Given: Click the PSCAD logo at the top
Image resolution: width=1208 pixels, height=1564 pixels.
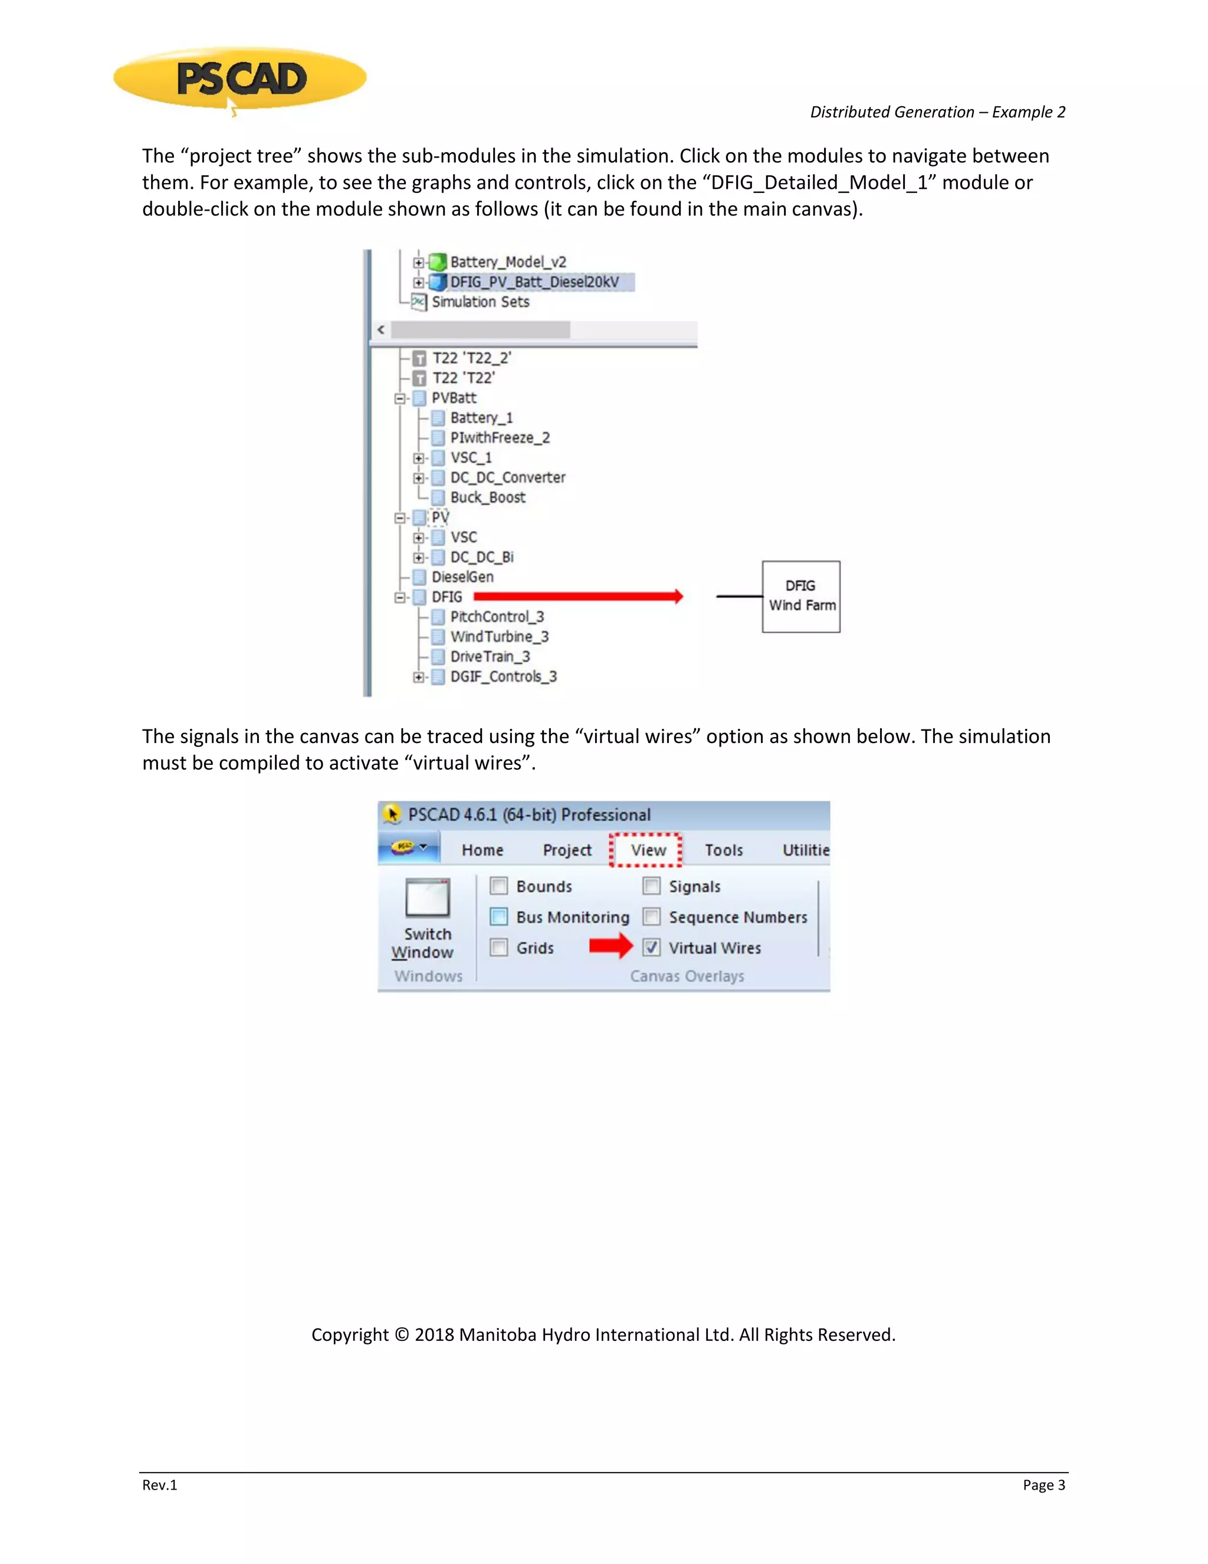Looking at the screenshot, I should coord(241,78).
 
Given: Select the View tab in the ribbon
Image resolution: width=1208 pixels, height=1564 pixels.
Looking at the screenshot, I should coord(648,850).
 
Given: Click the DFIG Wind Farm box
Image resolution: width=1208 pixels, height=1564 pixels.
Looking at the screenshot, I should coord(801,596).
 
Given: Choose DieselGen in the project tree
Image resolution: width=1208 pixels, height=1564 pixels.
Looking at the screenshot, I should coord(462,577).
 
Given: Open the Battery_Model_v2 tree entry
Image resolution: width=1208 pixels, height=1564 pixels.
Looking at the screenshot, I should coord(507,262).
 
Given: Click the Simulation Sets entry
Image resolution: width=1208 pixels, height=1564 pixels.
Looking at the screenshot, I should coord(480,302).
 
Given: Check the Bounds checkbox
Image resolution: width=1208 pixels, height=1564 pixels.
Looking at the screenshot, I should coord(499,886).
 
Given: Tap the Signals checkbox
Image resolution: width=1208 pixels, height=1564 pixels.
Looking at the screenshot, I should coord(651,886).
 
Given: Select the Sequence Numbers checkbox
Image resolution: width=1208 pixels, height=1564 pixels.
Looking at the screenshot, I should coord(651,917).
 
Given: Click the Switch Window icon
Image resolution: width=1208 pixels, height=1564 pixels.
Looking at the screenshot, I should coord(427,898).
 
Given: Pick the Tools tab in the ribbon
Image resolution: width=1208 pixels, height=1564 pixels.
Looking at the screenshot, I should coord(724,850).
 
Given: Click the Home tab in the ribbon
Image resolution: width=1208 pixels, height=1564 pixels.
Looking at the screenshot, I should coord(482,850).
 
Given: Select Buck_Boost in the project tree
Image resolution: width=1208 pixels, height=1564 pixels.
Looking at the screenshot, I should coord(487,498).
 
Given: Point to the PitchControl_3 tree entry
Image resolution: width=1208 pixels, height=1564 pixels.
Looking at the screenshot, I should coord(497,617).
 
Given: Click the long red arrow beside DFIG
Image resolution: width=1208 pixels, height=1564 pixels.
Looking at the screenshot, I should coord(577,597).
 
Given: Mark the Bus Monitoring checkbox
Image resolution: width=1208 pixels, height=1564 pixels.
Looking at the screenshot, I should coord(499,917).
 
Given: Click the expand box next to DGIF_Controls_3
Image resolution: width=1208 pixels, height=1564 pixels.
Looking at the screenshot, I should coord(419,677).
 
